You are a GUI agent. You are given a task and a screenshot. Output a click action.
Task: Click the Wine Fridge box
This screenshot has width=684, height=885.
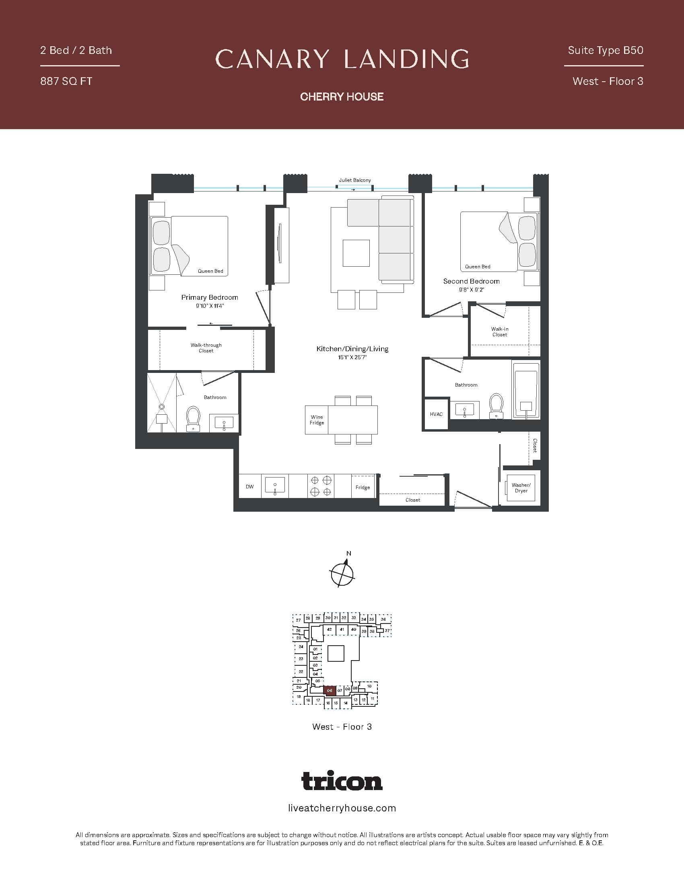point(317,420)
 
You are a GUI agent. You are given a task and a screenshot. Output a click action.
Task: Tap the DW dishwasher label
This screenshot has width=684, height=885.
point(249,487)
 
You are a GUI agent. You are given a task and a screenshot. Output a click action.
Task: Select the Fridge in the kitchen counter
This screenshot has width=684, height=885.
point(363,487)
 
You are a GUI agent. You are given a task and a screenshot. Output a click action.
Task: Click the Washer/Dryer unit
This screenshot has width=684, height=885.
point(521,488)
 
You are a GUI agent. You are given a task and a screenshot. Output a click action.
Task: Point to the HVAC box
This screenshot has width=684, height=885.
point(436,414)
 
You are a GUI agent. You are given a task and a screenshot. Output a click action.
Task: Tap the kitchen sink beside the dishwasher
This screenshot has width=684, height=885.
point(275,485)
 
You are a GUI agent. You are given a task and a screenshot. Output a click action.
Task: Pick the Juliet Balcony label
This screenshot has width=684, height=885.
point(354,180)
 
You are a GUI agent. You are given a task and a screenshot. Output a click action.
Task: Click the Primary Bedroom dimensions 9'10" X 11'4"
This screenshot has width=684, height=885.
point(210,306)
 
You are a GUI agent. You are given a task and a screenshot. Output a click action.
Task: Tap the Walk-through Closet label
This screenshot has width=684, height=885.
point(206,348)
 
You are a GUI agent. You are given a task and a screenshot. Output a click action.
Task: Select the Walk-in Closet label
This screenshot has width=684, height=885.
point(500,332)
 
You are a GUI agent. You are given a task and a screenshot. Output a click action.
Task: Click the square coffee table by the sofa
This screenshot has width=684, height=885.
point(356,253)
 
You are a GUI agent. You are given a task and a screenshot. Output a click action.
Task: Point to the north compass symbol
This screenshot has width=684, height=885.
point(342,573)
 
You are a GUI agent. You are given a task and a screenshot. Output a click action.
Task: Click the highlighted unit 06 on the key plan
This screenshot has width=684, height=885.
point(330,690)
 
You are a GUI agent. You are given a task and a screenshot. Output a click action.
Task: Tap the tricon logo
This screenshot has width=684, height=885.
point(342,781)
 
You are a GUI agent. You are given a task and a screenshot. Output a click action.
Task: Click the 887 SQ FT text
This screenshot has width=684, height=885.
point(66,81)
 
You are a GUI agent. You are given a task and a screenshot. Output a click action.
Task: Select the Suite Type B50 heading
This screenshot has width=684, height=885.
point(606,50)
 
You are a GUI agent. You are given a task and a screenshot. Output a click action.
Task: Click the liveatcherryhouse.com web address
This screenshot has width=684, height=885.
point(342,809)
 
